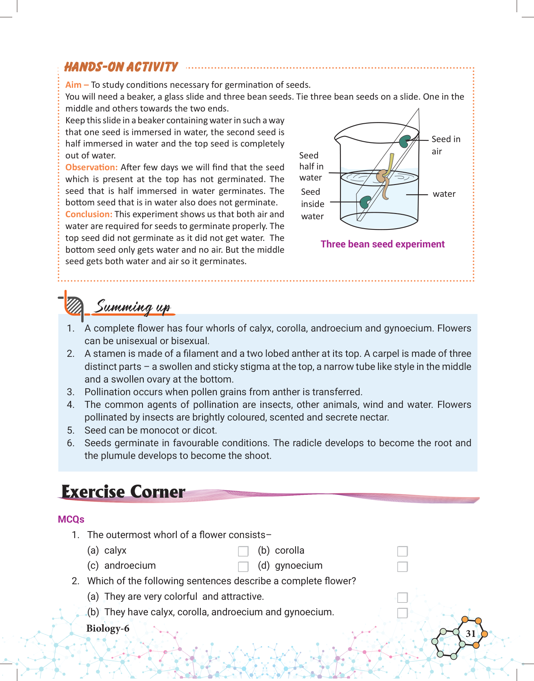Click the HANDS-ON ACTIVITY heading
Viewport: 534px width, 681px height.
tap(121, 67)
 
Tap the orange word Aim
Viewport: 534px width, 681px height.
tap(73, 85)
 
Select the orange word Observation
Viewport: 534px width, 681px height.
tap(91, 167)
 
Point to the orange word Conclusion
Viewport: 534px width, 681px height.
tap(89, 214)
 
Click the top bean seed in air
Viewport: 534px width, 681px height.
tap(405, 141)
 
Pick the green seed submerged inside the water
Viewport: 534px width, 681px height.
tap(365, 202)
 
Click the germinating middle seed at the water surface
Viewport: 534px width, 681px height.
tap(383, 176)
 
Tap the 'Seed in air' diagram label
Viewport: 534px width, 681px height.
tap(445, 145)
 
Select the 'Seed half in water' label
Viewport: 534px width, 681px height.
tap(311, 167)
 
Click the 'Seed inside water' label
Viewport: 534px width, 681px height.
tap(312, 204)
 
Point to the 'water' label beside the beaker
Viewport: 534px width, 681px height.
tap(444, 194)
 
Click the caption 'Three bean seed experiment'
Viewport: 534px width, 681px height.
tap(383, 244)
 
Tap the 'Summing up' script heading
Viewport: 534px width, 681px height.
tap(133, 307)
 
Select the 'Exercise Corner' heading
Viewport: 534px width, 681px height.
tap(123, 492)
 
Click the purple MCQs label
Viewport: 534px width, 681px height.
tap(71, 519)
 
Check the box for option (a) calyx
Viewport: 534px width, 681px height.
tap(243, 551)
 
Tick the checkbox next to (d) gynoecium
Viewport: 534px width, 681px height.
tap(403, 567)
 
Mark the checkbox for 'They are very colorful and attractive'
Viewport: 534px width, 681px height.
tap(403, 597)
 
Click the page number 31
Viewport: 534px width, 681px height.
tap(470, 633)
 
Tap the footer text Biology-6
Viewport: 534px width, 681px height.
tap(108, 628)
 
